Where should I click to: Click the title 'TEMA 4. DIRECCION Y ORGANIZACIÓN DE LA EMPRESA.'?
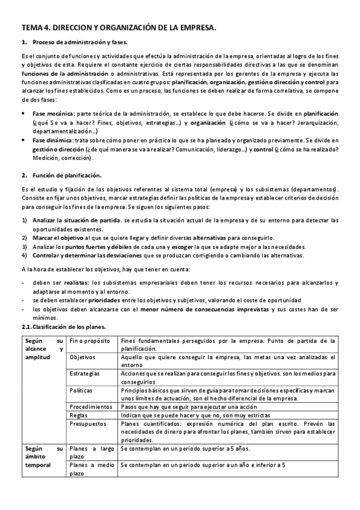click(118, 28)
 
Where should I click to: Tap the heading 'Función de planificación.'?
click(67, 176)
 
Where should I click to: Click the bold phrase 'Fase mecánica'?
click(53, 113)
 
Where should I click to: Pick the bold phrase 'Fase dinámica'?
click(53, 140)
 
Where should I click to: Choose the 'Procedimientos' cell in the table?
click(91, 407)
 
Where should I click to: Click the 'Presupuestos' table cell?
click(88, 423)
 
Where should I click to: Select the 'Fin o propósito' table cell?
click(89, 340)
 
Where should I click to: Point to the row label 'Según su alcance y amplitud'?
click(43, 348)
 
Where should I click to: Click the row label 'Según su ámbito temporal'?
click(43, 456)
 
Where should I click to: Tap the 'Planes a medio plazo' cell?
click(91, 469)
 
